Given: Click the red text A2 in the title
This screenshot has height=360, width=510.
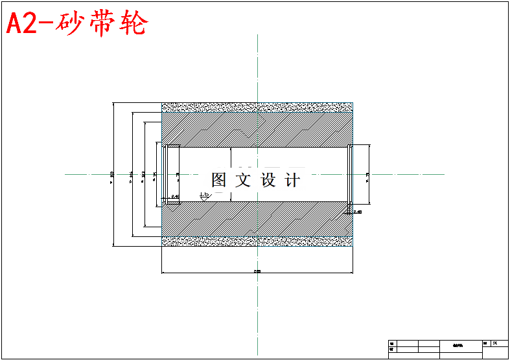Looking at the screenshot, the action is pyautogui.click(x=23, y=24).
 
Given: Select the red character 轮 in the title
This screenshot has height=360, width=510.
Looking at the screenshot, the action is pyautogui.click(x=135, y=24).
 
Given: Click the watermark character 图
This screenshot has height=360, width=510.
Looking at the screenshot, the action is pyautogui.click(x=219, y=180).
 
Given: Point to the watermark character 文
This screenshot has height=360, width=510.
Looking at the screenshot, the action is pyautogui.click(x=244, y=180).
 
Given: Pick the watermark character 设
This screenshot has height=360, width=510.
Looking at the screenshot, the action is pyautogui.click(x=268, y=180).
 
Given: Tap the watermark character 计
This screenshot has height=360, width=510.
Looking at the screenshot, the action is pyautogui.click(x=293, y=180).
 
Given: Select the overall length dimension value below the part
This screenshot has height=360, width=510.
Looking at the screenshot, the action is pyautogui.click(x=257, y=271).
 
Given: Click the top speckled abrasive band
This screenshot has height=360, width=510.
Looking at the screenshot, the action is pyautogui.click(x=257, y=107).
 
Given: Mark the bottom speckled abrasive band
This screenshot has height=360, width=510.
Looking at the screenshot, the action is pyautogui.click(x=257, y=241).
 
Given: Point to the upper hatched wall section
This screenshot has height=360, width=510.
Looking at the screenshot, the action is pyautogui.click(x=257, y=129).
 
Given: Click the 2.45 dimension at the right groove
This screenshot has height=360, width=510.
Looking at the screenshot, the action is pyautogui.click(x=357, y=211).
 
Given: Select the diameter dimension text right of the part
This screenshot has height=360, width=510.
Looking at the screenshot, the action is pyautogui.click(x=367, y=174).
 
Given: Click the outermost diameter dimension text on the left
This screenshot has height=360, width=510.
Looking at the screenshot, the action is pyautogui.click(x=112, y=174).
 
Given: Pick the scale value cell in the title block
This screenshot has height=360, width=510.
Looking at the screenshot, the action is pyautogui.click(x=496, y=343).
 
